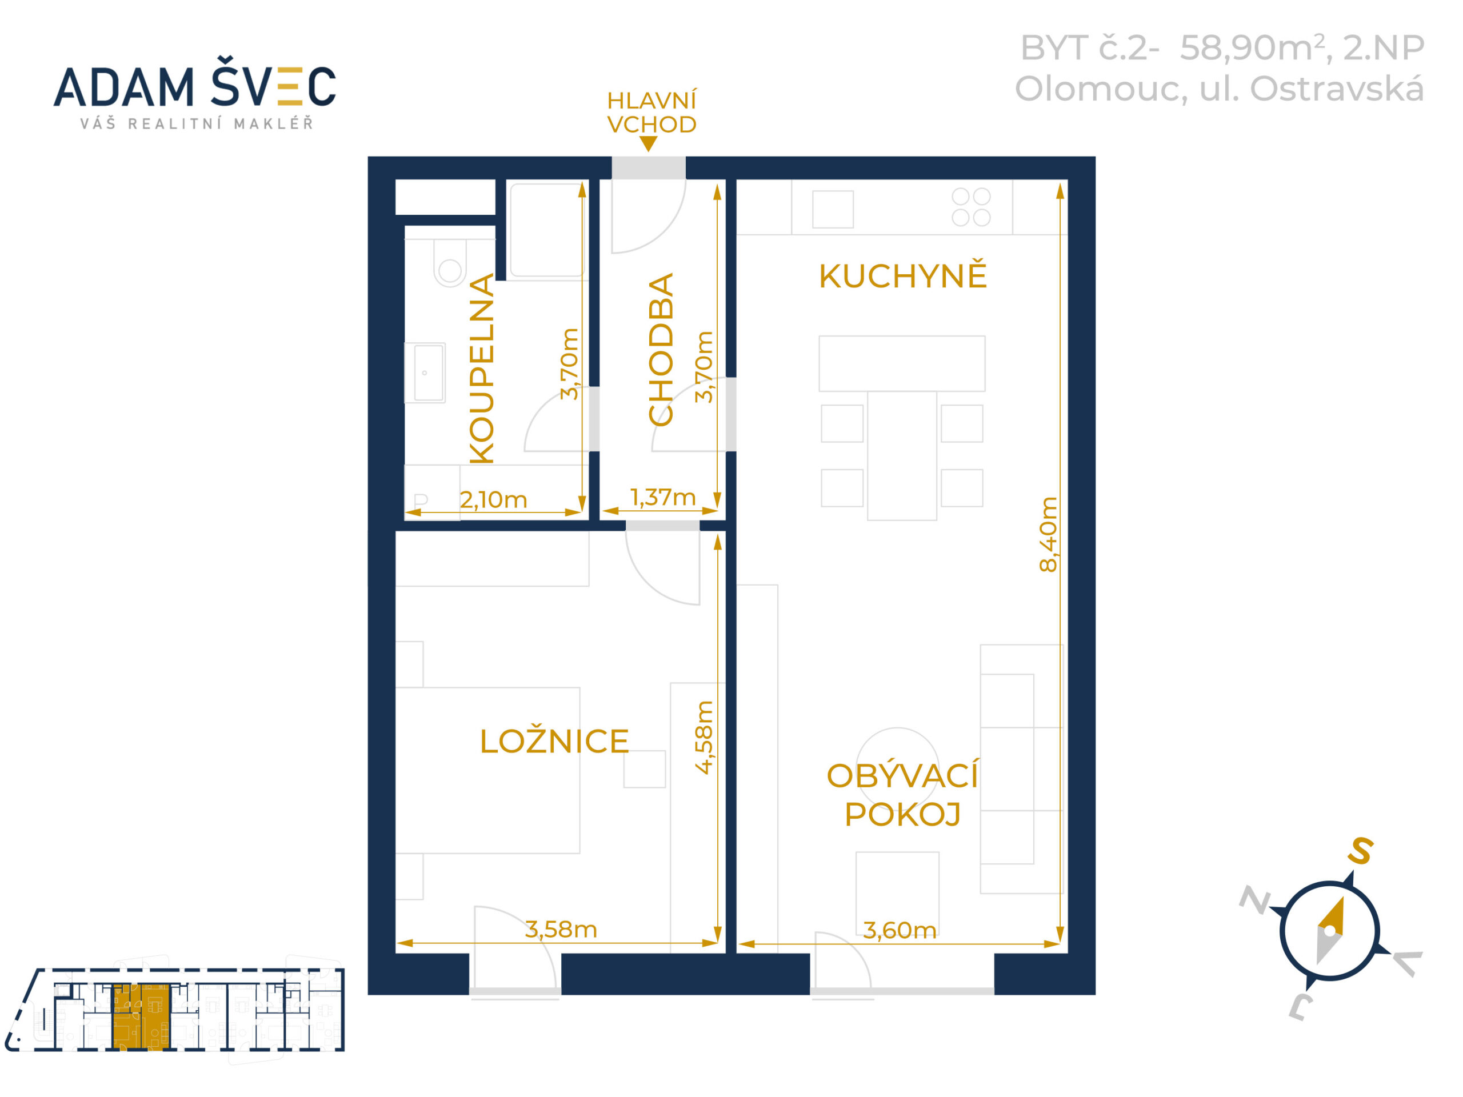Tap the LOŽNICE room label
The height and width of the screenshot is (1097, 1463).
[x=554, y=741]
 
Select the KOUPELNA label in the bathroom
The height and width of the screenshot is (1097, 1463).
[x=482, y=369]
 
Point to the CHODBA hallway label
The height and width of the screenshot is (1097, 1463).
[x=660, y=349]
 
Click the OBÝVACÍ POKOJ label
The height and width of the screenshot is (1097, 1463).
[x=902, y=795]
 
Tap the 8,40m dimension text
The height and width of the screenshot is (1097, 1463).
[x=1048, y=534]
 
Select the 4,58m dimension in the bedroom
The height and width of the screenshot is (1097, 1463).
[x=705, y=736]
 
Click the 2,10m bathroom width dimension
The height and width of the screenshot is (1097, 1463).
[x=493, y=500]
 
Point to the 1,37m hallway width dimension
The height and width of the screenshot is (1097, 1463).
[x=663, y=497]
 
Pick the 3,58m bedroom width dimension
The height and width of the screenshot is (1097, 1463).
[x=561, y=930]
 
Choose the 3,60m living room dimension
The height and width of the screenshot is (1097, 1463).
[x=900, y=930]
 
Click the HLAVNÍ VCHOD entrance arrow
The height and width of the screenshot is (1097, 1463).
[x=649, y=143]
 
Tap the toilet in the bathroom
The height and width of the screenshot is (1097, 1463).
[x=450, y=263]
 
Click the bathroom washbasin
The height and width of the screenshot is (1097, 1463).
[x=425, y=373]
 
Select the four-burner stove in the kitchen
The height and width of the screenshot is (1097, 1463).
[x=971, y=206]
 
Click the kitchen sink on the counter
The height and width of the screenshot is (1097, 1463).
[x=833, y=209]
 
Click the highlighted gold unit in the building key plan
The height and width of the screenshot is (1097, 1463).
[x=142, y=1017]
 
